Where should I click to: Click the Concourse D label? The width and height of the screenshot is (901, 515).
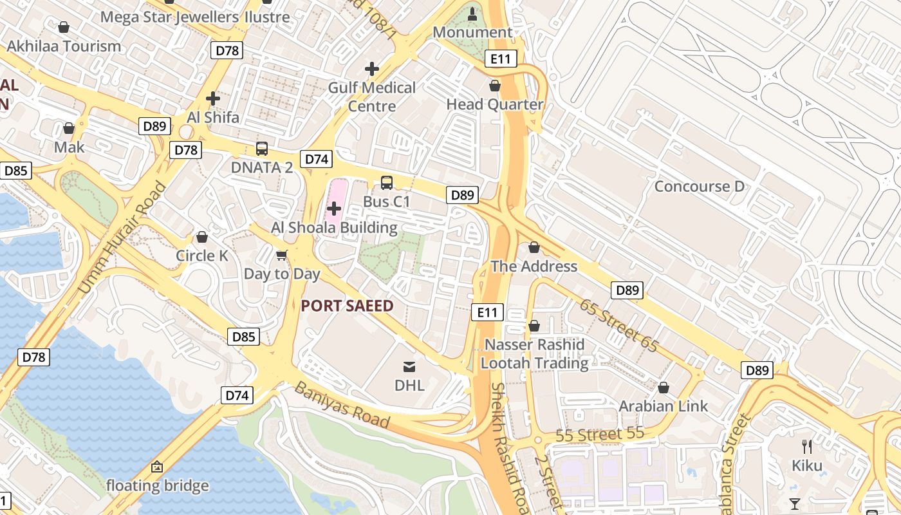click(699, 187)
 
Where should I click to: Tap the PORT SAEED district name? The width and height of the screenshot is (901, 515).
click(347, 306)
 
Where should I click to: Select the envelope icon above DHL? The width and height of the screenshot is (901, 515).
click(409, 367)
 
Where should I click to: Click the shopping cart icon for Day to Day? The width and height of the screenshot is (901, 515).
click(281, 256)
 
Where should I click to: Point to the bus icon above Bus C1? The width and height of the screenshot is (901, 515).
click(386, 183)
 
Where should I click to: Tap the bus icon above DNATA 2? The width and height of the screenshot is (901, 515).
click(262, 149)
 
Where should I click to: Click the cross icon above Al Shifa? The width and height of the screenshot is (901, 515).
click(213, 98)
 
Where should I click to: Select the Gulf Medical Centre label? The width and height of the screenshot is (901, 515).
click(372, 97)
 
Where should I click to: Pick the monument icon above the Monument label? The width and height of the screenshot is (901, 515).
click(473, 14)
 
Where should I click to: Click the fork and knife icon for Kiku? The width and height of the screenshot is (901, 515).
click(807, 447)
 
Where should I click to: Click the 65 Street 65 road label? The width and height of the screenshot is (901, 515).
click(618, 325)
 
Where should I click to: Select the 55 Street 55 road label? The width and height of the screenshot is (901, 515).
click(600, 435)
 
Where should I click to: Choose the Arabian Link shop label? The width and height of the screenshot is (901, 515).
click(663, 406)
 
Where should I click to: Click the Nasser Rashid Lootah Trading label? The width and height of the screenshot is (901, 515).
click(535, 354)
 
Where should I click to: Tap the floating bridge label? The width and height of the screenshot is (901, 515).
click(157, 485)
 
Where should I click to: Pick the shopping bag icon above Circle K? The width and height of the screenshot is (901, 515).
click(202, 237)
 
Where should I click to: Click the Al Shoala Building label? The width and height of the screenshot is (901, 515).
click(334, 228)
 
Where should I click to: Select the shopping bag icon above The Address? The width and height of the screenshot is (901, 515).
click(534, 247)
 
